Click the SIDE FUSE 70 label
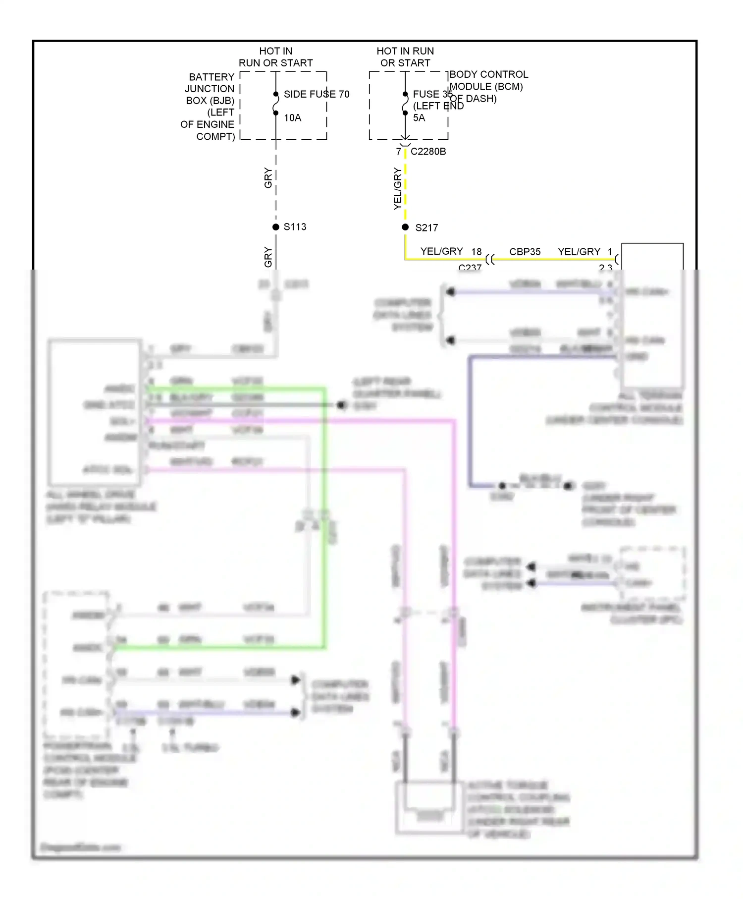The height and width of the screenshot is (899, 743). [x=316, y=94]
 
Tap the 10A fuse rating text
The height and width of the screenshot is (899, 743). [x=292, y=118]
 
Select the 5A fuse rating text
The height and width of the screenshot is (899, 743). [x=419, y=118]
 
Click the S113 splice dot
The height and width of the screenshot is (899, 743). [x=276, y=227]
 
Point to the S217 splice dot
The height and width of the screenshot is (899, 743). [x=405, y=227]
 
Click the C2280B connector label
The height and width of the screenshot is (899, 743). [x=428, y=152]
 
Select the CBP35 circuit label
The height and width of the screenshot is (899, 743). [x=525, y=252]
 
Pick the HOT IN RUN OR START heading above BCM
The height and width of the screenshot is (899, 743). [x=405, y=57]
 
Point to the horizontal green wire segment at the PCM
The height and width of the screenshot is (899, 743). [x=218, y=647]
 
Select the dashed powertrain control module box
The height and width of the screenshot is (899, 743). [x=75, y=664]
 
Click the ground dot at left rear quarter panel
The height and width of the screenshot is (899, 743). [x=341, y=405]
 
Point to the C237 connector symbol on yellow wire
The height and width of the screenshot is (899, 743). [x=490, y=259]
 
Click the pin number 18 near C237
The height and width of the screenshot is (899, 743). [x=477, y=252]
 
